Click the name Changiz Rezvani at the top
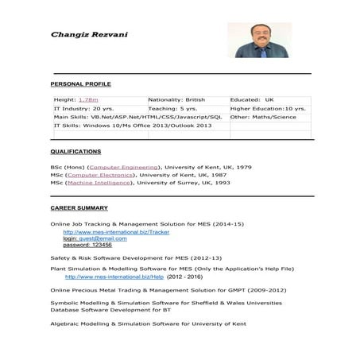pyautogui.click(x=84, y=34)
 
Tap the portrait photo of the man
pyautogui.click(x=258, y=40)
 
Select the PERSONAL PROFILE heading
pyautogui.click(x=80, y=83)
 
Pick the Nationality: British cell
pyautogui.click(x=176, y=100)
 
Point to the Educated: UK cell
pyautogui.click(x=252, y=100)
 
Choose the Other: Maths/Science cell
pyautogui.click(x=263, y=117)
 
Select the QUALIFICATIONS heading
pyautogui.click(x=75, y=151)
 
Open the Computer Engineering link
pyautogui.click(x=125, y=168)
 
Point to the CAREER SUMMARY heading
pyautogui.click(x=79, y=207)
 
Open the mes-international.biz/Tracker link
pyautogui.click(x=116, y=232)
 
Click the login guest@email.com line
pyautogui.click(x=95, y=238)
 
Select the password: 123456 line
pyautogui.click(x=87, y=245)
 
